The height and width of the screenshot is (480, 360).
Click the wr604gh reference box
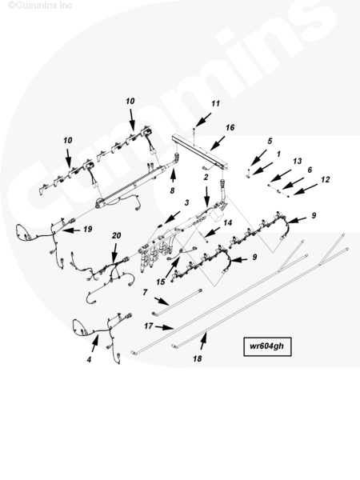click(x=267, y=346)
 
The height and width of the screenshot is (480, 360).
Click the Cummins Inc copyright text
click(x=40, y=6)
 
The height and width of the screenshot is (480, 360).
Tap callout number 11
click(x=215, y=103)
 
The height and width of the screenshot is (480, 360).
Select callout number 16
click(x=230, y=127)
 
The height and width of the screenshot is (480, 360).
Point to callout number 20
click(x=116, y=235)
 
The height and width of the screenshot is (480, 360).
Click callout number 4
click(x=89, y=359)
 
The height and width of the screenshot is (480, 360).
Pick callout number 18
click(x=198, y=358)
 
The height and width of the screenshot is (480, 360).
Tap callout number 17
click(x=149, y=326)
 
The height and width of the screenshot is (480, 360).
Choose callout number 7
click(x=145, y=293)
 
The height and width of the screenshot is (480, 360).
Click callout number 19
click(x=88, y=229)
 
